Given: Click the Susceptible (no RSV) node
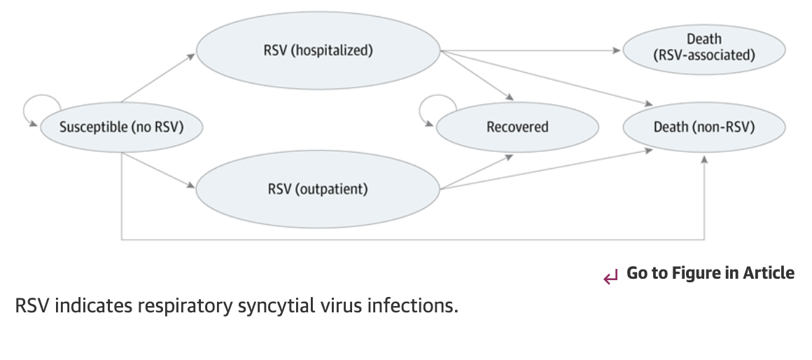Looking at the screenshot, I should pos(121,127).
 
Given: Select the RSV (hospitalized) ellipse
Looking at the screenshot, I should pos(318,50).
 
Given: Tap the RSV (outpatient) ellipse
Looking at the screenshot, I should pos(318,189).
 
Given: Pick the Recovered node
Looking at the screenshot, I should pos(517,127).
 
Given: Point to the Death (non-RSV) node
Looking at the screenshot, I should pos(703,127).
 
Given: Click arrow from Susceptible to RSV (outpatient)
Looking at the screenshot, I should pos(158,170).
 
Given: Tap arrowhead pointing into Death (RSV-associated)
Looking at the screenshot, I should pos(617,50).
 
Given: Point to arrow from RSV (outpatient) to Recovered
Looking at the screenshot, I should pos(476,172).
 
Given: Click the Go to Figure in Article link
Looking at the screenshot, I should pos(710,273).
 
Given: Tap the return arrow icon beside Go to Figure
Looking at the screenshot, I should pos(610,277).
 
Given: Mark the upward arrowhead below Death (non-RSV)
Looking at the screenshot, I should pos(704,160).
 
